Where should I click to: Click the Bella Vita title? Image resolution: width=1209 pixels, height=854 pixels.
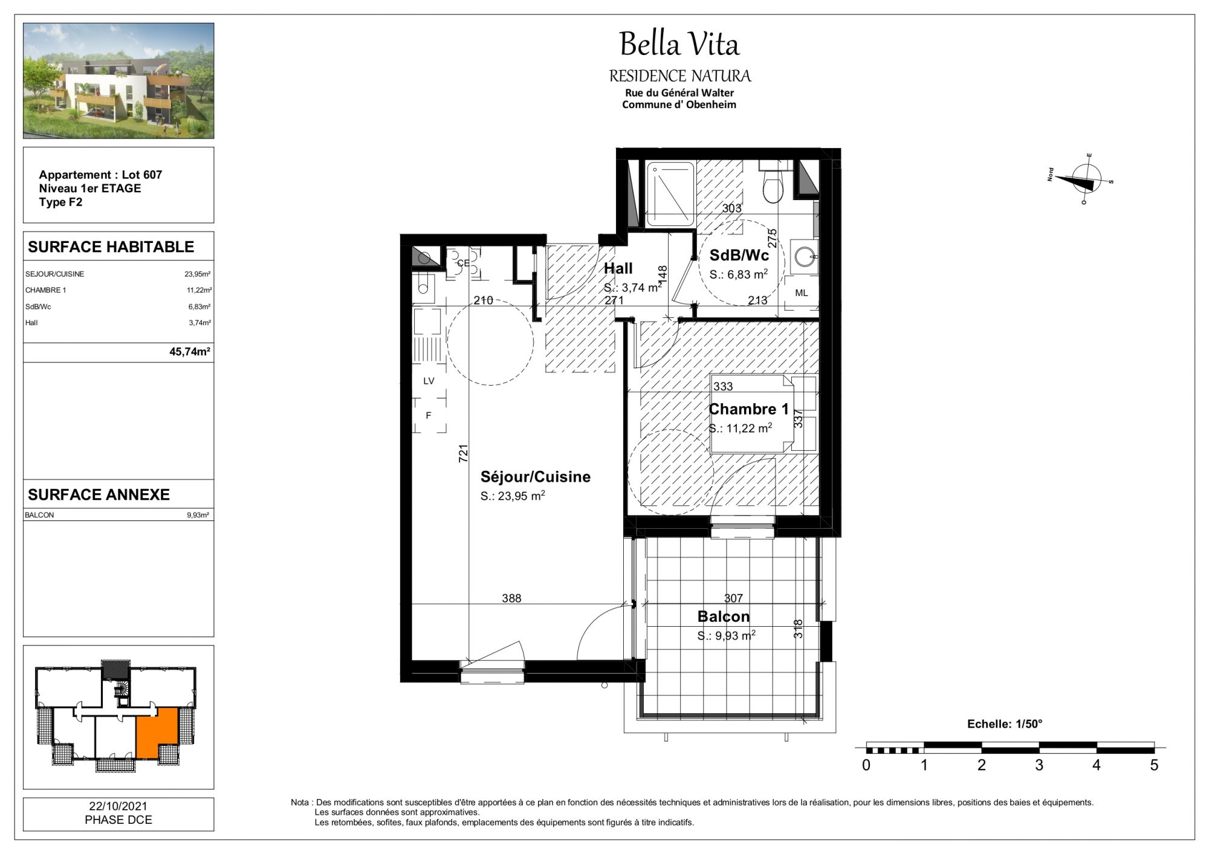[x=679, y=44]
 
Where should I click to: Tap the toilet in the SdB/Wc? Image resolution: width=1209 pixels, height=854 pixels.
[x=773, y=181]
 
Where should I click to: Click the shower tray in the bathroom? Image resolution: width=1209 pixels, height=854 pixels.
[x=670, y=193]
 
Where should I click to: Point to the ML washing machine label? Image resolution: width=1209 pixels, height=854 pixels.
[x=801, y=293]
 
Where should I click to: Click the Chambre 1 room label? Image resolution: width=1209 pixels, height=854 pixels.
[x=748, y=409]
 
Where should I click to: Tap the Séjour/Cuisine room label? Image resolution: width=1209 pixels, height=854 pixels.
[x=535, y=477]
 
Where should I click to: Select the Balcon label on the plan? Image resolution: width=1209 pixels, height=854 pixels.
[x=723, y=616]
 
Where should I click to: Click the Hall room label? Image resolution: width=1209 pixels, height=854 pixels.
[x=618, y=268]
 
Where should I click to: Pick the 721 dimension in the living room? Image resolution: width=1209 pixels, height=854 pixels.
[x=464, y=454]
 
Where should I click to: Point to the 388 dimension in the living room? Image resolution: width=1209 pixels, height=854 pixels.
[x=511, y=598]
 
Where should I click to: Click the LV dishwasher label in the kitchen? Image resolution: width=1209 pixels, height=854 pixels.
[x=429, y=381]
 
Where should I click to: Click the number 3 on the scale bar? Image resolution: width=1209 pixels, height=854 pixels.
[x=1039, y=765]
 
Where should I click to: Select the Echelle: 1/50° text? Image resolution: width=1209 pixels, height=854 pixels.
[x=1005, y=723]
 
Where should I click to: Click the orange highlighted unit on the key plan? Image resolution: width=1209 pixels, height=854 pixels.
[x=157, y=733]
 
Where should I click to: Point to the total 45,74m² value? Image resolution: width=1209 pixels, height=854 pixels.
[x=190, y=351]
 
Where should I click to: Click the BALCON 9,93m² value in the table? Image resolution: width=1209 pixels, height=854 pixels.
[x=198, y=515]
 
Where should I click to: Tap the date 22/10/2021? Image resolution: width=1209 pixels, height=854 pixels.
[x=118, y=806]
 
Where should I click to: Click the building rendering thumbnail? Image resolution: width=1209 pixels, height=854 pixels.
[x=118, y=81]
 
